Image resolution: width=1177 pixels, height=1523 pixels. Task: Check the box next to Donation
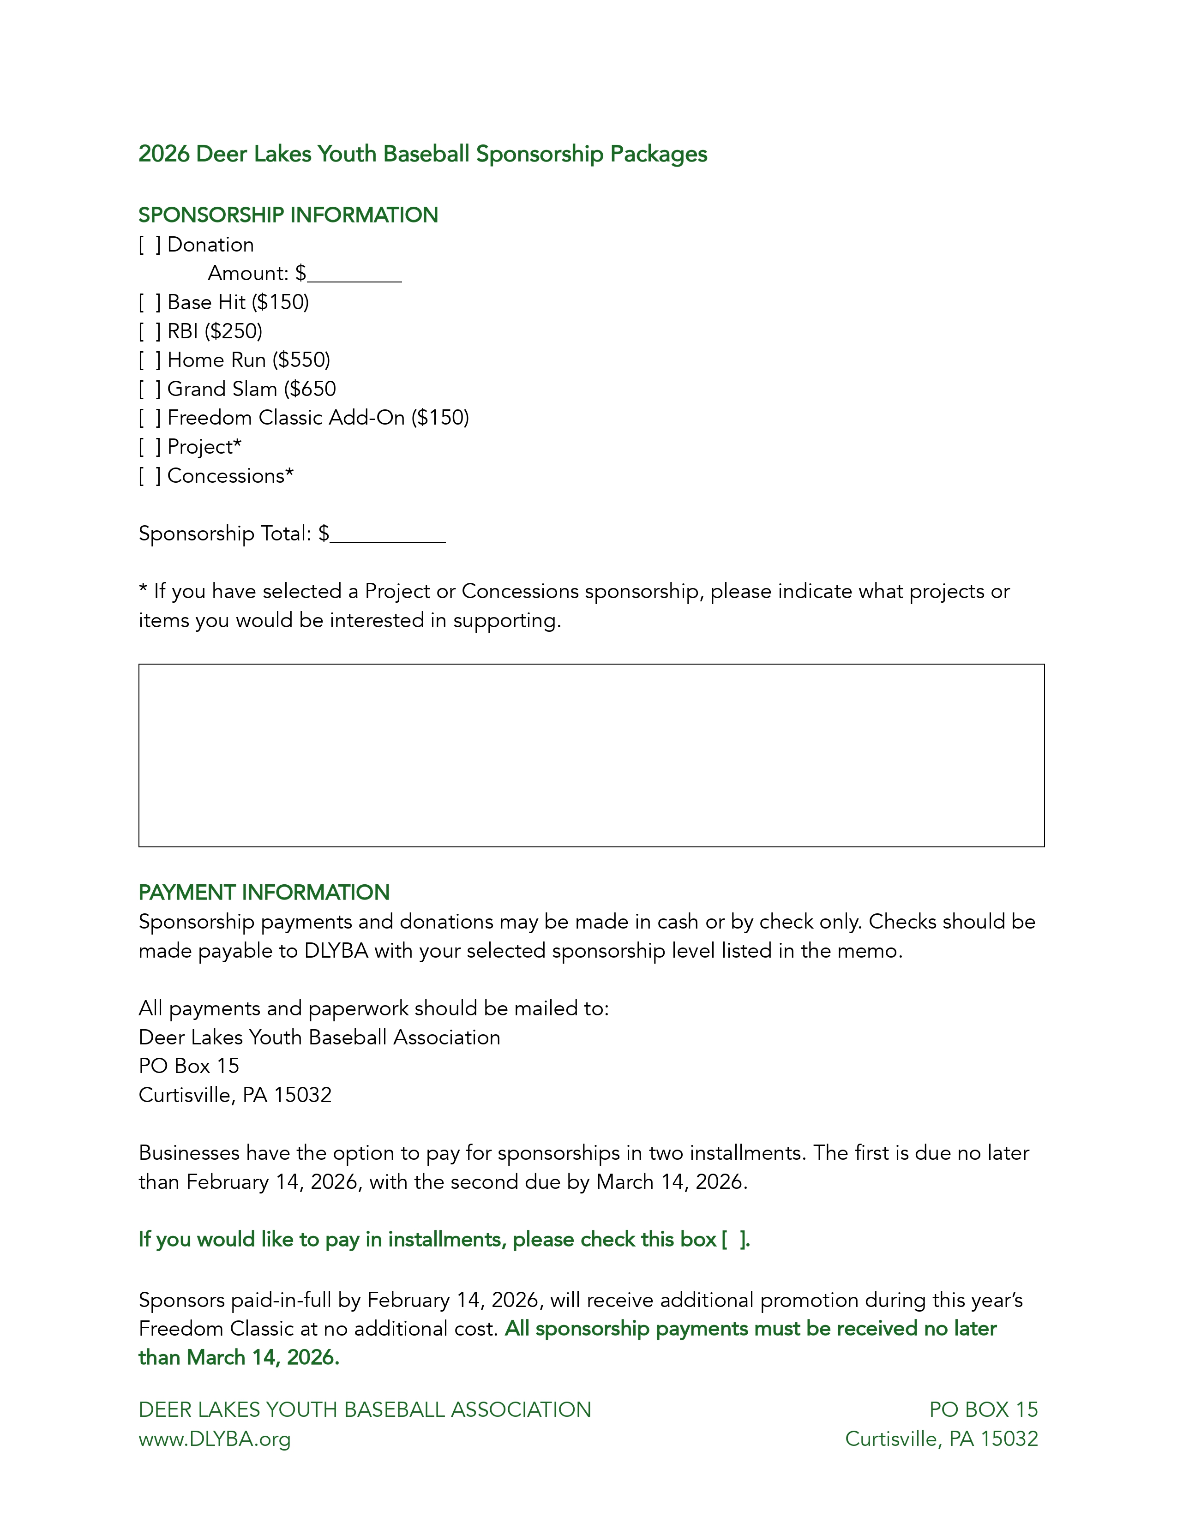(x=149, y=245)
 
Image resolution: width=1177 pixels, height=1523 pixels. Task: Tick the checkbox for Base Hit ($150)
(x=149, y=303)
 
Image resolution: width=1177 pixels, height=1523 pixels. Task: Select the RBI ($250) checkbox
(x=149, y=331)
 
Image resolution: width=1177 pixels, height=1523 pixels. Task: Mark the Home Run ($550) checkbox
(x=149, y=360)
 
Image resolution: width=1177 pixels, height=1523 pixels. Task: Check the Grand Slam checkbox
(x=149, y=389)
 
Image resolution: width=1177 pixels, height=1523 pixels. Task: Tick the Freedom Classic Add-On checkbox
(x=149, y=418)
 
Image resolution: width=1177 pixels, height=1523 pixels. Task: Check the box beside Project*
(x=149, y=447)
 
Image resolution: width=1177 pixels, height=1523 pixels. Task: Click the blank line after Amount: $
(x=354, y=276)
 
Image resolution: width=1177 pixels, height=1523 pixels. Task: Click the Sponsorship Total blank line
(x=388, y=537)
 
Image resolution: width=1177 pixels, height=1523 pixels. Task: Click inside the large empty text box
(x=591, y=755)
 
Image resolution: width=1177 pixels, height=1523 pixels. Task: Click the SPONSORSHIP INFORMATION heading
(x=288, y=215)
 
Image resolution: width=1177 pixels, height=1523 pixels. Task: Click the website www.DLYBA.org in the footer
(x=215, y=1439)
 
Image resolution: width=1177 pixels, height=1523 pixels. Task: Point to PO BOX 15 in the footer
(x=983, y=1409)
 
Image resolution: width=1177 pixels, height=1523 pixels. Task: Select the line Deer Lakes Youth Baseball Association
(x=319, y=1037)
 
